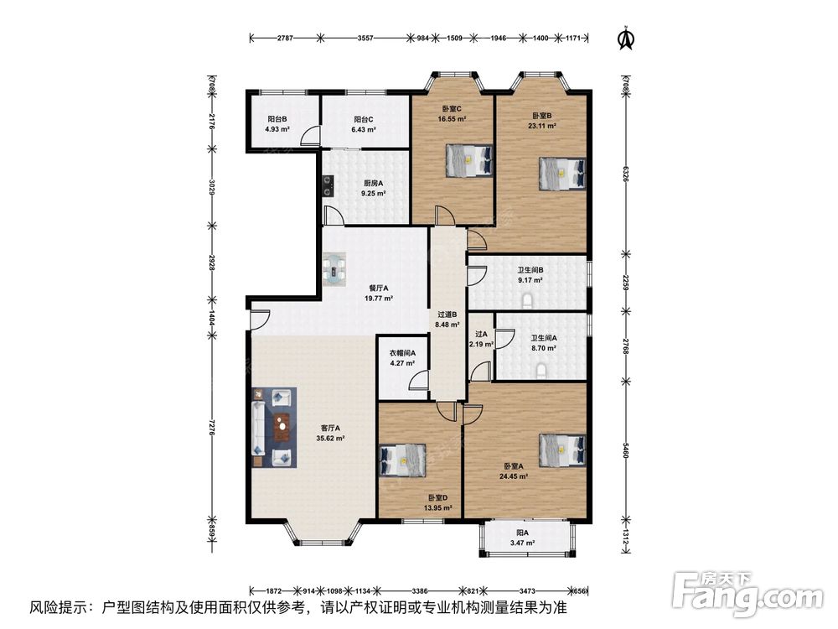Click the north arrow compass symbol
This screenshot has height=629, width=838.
[626, 39]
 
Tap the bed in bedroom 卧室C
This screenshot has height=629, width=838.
[468, 160]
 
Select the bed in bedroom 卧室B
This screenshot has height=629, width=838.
[562, 173]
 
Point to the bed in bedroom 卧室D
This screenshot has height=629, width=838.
[402, 460]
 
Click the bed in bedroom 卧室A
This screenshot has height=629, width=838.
[562, 450]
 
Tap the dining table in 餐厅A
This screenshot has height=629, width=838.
[334, 268]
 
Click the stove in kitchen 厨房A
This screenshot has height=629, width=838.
[327, 186]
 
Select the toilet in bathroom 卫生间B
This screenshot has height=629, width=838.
[528, 302]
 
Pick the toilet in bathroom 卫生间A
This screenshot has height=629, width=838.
[541, 372]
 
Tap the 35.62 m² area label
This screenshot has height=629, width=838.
[330, 439]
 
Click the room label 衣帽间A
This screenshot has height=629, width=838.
[402, 353]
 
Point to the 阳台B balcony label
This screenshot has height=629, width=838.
[277, 119]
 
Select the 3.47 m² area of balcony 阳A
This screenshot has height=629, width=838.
[522, 543]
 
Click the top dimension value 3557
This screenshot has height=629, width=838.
[365, 38]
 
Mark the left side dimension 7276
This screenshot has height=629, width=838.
[212, 427]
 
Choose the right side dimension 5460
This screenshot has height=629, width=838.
[626, 450]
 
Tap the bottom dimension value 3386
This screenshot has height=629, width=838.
[420, 591]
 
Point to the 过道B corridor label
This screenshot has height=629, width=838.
[447, 314]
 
